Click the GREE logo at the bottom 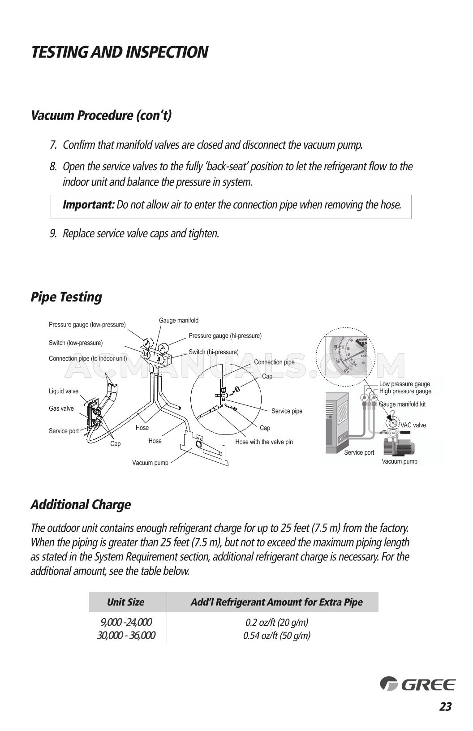coord(417,684)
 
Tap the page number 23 coord(445,707)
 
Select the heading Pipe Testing coord(66,297)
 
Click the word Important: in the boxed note coord(89,205)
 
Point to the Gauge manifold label coord(178,320)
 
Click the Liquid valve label coord(63,391)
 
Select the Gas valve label coord(61,408)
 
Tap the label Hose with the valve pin coord(264,442)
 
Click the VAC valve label coord(413,425)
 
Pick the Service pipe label coord(287,411)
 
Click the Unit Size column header coord(125,602)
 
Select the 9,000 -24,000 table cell coord(125,622)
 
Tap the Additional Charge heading coord(81,505)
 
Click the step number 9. coord(52,233)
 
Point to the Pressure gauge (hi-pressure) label coord(225,335)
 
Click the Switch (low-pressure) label coord(75,343)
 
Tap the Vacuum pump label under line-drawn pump coord(150,463)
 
